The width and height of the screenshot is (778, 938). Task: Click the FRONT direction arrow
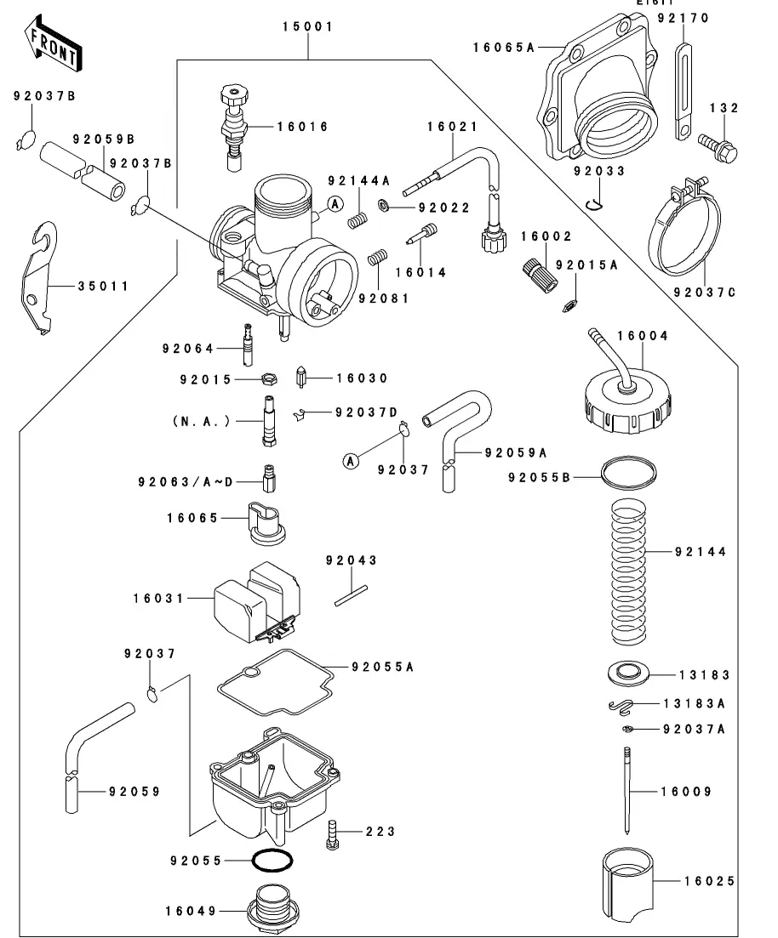tap(52, 45)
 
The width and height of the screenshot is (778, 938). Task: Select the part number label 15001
tap(308, 26)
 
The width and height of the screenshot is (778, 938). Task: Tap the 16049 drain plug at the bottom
tap(272, 910)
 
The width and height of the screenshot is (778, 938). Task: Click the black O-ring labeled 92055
tap(272, 861)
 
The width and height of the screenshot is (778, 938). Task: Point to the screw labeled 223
tap(333, 834)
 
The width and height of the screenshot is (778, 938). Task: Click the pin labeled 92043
tap(351, 596)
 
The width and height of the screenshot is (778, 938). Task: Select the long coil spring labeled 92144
tap(628, 573)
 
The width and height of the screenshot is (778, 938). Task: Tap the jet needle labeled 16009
tap(627, 790)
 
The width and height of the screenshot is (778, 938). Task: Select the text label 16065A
tap(504, 48)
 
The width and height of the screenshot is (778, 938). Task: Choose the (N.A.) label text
tap(201, 421)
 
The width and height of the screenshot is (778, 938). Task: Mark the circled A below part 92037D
tap(351, 461)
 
